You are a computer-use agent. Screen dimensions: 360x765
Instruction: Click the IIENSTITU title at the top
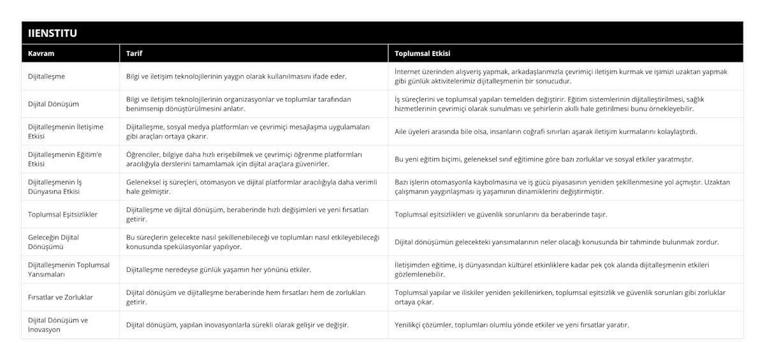(x=52, y=32)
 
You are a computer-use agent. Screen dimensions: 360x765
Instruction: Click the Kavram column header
(x=41, y=53)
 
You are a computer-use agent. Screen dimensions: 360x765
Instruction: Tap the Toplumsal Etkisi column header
(x=423, y=53)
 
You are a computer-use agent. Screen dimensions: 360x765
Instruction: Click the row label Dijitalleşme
(x=47, y=76)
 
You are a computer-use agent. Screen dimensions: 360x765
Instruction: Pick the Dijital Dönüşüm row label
(x=54, y=104)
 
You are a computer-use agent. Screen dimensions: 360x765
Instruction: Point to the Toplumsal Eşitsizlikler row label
(x=63, y=214)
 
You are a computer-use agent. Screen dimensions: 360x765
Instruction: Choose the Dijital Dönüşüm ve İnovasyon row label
(x=58, y=324)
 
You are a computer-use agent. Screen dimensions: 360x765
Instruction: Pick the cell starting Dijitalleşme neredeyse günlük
(x=219, y=270)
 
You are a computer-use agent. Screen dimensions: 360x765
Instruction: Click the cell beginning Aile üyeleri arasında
(x=546, y=131)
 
